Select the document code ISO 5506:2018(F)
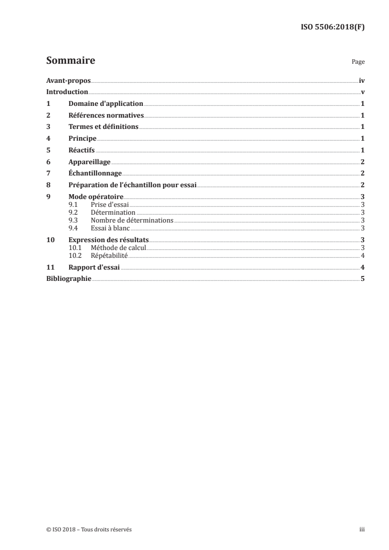click(x=333, y=27)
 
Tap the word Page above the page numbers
click(x=358, y=62)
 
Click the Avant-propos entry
click(x=68, y=81)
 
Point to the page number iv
click(x=362, y=81)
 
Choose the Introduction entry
click(x=67, y=92)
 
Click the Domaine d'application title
click(x=105, y=104)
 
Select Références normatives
click(x=105, y=116)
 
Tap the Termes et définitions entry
click(x=104, y=127)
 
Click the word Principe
click(x=82, y=139)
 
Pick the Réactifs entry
click(x=81, y=150)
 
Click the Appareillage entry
click(x=89, y=162)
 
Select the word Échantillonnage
click(x=95, y=173)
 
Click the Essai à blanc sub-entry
click(x=106, y=228)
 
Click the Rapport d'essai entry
click(x=94, y=268)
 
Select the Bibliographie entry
click(x=69, y=279)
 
